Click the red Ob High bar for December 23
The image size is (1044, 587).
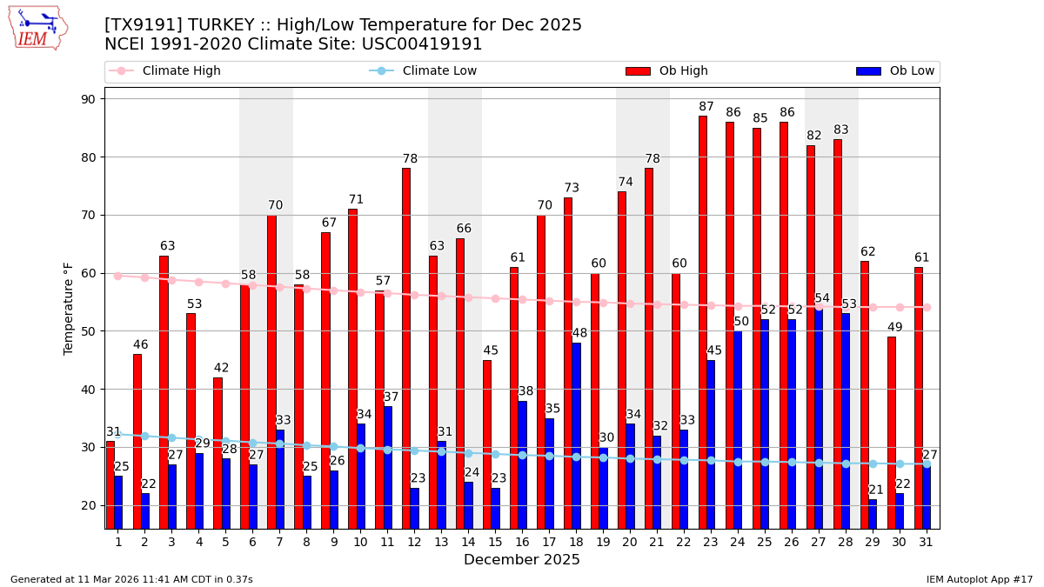tap(702, 322)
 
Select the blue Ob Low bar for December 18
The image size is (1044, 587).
tap(576, 435)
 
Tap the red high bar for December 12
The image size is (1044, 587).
tap(406, 348)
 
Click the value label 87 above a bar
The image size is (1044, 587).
tap(706, 107)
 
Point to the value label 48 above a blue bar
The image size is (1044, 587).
tap(579, 333)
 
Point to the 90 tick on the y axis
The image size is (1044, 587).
tap(88, 99)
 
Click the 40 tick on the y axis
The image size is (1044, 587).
tap(88, 390)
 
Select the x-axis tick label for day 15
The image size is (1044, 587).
tap(495, 542)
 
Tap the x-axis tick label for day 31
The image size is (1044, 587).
tap(927, 542)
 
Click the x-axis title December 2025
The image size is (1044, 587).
tap(522, 560)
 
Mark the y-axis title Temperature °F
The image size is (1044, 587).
tap(69, 308)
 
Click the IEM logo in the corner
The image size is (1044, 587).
tap(37, 28)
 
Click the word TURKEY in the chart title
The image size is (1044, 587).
tap(206, 25)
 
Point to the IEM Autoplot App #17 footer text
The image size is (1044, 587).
tap(979, 579)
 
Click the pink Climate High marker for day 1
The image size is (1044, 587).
tap(117, 276)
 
